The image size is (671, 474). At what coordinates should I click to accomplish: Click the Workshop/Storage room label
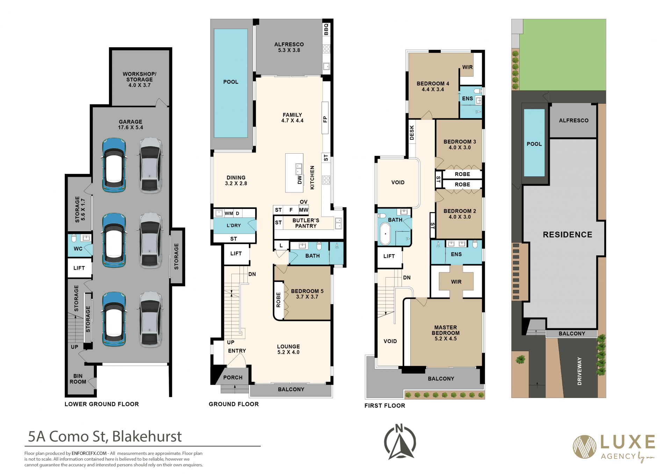(x=139, y=79)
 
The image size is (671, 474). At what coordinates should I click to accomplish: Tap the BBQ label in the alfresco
(x=326, y=29)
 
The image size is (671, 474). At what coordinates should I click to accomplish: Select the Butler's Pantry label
(x=306, y=223)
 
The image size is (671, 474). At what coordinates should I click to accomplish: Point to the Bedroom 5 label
(x=307, y=294)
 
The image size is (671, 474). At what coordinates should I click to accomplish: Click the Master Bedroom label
(x=446, y=333)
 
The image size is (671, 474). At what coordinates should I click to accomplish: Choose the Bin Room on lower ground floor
(x=78, y=379)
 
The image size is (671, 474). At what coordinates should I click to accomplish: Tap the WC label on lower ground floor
(x=78, y=249)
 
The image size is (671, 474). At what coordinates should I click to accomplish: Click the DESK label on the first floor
(x=412, y=133)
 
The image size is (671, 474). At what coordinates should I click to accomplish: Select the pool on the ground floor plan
(x=231, y=83)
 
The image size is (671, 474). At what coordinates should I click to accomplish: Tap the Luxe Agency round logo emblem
(x=584, y=447)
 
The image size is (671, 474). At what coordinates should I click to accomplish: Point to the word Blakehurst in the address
(x=147, y=437)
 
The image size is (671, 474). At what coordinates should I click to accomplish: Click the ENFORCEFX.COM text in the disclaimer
(x=89, y=453)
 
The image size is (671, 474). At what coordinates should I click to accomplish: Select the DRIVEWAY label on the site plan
(x=579, y=371)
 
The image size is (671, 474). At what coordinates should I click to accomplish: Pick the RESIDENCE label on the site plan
(x=568, y=235)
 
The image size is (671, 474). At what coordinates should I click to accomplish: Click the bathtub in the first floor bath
(x=385, y=234)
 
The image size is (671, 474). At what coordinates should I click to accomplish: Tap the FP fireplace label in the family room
(x=325, y=119)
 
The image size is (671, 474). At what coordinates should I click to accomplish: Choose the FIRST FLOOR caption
(x=385, y=406)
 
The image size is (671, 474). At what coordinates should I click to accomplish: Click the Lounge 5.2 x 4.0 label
(x=288, y=349)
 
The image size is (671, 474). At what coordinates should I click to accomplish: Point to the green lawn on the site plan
(x=563, y=55)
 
